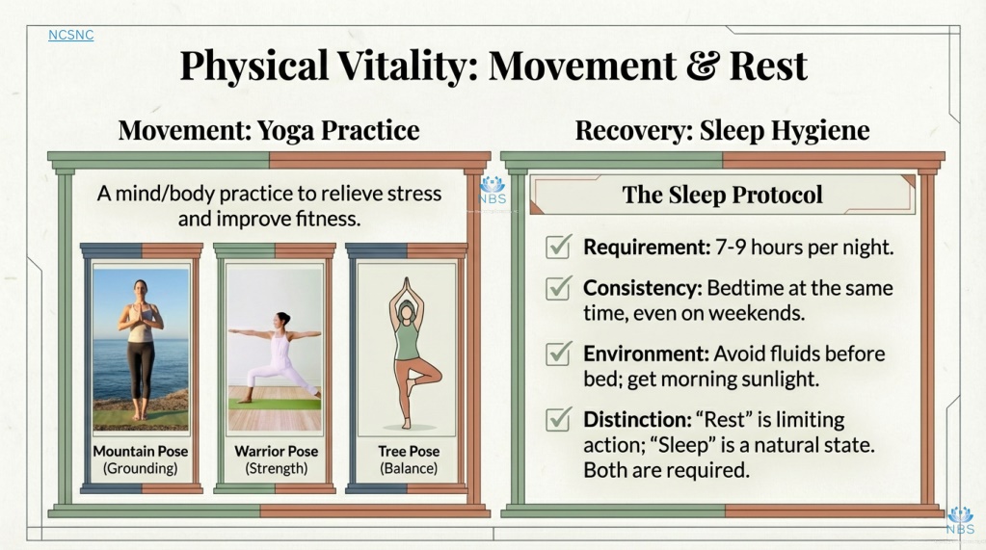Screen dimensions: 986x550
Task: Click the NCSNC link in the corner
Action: click(x=71, y=36)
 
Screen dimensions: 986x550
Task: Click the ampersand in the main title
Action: click(x=703, y=66)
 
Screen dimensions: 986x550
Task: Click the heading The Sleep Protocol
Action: click(x=723, y=195)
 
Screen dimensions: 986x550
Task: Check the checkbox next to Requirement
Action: click(x=558, y=247)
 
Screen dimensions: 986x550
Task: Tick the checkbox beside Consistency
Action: click(x=558, y=287)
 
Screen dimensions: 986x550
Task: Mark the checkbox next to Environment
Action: click(x=558, y=354)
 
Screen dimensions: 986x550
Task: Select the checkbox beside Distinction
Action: click(x=558, y=419)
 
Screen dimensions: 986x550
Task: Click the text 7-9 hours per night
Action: click(x=804, y=247)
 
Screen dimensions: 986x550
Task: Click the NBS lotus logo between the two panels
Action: click(x=493, y=190)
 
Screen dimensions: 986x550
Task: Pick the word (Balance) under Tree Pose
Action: click(x=409, y=468)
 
